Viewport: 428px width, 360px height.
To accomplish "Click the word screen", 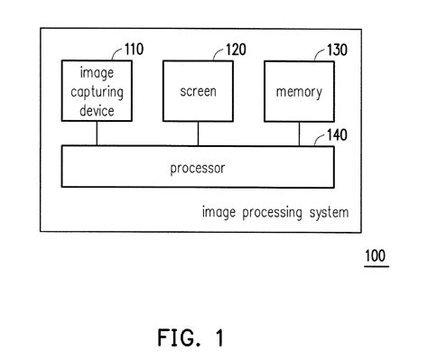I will pyautogui.click(x=199, y=92).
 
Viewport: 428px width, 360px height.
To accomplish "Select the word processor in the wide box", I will pyautogui.click(x=198, y=169).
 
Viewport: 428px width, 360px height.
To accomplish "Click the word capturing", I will pyautogui.click(x=97, y=92).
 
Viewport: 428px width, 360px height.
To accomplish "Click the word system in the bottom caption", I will pyautogui.click(x=330, y=213).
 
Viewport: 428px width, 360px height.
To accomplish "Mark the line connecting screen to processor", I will pyautogui.click(x=199, y=134).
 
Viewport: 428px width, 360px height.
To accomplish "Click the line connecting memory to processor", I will pyautogui.click(x=300, y=134).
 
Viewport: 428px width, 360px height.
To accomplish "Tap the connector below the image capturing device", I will pyautogui.click(x=97, y=134).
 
